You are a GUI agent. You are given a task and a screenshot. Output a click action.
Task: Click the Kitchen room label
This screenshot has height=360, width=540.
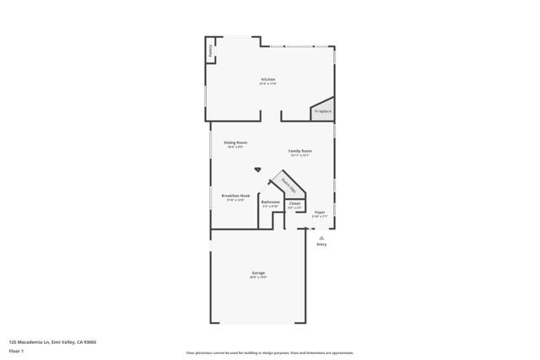(x=267, y=79)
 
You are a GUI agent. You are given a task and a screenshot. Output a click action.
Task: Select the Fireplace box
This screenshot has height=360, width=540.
(x=322, y=111)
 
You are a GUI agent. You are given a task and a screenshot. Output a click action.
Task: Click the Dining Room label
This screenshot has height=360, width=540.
(x=235, y=142)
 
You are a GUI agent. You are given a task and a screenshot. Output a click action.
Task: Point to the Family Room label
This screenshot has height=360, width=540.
(x=300, y=151)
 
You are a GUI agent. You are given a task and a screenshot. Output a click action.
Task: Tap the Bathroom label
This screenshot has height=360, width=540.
(x=271, y=202)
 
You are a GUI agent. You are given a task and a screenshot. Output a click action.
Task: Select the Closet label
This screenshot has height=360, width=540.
(x=294, y=202)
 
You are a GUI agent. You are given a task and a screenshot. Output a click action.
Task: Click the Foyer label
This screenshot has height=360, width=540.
(x=320, y=212)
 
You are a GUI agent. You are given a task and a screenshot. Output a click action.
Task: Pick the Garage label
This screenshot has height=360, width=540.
(x=258, y=273)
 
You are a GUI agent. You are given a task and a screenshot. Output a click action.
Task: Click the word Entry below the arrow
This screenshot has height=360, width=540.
(x=321, y=245)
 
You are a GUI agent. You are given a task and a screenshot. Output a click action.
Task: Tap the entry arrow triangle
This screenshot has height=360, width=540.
(x=321, y=238)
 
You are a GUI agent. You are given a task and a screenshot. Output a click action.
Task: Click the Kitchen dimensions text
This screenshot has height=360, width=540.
(x=267, y=83)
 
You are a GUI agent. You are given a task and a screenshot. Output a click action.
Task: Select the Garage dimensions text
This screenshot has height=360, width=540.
(x=258, y=277)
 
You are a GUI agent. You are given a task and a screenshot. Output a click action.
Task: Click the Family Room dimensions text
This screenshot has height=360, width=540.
(x=300, y=155)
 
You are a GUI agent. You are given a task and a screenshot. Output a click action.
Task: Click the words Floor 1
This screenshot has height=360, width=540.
(x=17, y=352)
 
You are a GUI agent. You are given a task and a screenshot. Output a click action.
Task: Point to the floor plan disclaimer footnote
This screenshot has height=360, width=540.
(x=269, y=352)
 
